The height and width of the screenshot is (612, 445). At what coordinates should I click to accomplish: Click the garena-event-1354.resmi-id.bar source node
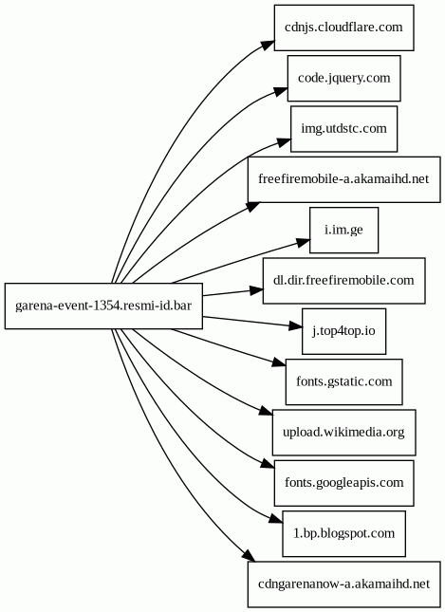pyautogui.click(x=103, y=306)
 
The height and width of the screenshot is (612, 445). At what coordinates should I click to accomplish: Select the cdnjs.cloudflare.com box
pyautogui.click(x=343, y=28)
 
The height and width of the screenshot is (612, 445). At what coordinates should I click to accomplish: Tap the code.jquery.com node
pyautogui.click(x=343, y=78)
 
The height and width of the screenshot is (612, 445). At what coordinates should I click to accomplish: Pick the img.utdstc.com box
pyautogui.click(x=343, y=129)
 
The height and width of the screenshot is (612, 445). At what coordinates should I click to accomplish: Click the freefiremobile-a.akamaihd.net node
pyautogui.click(x=343, y=179)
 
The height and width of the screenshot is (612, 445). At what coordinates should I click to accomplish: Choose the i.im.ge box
pyautogui.click(x=343, y=230)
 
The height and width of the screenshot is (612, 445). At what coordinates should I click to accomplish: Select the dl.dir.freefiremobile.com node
pyautogui.click(x=343, y=281)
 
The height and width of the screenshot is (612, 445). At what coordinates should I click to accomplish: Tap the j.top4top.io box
pyautogui.click(x=343, y=331)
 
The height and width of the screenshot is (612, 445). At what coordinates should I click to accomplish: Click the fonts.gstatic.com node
pyautogui.click(x=343, y=381)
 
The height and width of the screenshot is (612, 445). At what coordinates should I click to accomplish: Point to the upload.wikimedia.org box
pyautogui.click(x=343, y=433)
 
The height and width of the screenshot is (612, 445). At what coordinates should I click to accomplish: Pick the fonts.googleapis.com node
pyautogui.click(x=343, y=483)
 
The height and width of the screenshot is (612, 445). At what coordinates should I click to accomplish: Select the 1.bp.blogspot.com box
pyautogui.click(x=343, y=533)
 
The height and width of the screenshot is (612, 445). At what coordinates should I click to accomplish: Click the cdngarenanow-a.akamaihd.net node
pyautogui.click(x=343, y=584)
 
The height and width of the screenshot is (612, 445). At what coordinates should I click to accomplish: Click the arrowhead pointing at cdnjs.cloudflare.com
pyautogui.click(x=267, y=44)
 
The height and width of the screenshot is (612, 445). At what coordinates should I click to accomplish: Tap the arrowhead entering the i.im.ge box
pyautogui.click(x=303, y=243)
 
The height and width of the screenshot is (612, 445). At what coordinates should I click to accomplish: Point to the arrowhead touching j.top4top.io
pyautogui.click(x=295, y=325)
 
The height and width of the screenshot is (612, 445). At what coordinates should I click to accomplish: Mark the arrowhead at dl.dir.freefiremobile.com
pyautogui.click(x=256, y=290)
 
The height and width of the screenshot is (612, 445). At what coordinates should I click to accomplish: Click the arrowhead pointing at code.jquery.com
pyautogui.click(x=280, y=91)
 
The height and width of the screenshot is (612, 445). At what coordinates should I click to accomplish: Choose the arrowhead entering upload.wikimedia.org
pyautogui.click(x=266, y=412)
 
